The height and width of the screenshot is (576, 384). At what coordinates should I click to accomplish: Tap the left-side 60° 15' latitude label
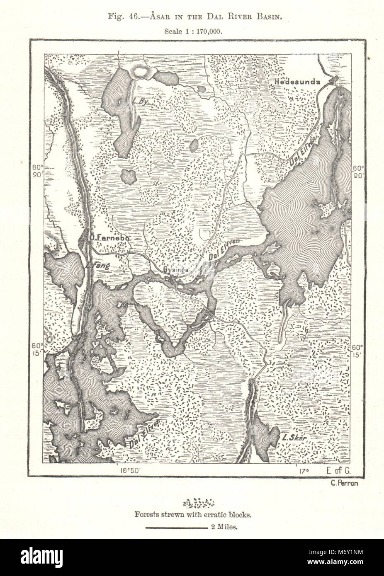point(36,350)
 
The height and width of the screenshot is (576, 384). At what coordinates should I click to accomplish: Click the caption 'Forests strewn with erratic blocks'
point(192,516)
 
